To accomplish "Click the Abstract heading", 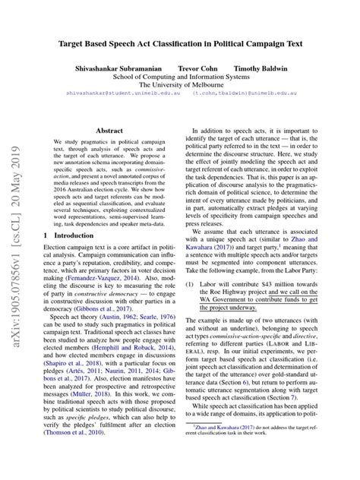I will click(x=109, y=131).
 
